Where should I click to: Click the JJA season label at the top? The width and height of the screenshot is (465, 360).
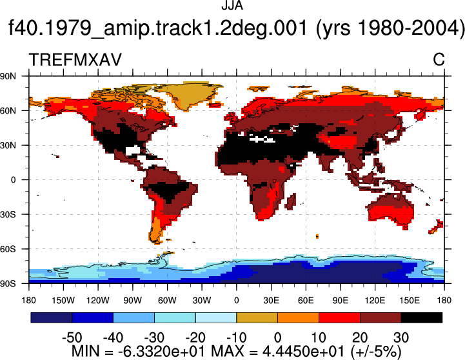pos(232,5)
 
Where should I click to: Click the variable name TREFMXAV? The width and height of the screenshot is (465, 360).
pos(75,59)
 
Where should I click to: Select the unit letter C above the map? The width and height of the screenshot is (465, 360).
pos(439,59)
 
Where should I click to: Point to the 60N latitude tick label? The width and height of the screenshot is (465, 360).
pos(8,111)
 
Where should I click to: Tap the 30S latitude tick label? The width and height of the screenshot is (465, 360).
pos(8,214)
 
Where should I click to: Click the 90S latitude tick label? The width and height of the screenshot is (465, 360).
pos(8,283)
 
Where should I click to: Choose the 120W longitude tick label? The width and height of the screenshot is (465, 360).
pos(98,301)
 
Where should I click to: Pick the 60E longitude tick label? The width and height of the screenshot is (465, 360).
pos(306,301)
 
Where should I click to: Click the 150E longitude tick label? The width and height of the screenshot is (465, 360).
pos(410,301)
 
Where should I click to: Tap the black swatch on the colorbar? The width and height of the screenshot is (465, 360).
pos(421,317)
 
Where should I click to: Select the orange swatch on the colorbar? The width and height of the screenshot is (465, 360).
pos(298,317)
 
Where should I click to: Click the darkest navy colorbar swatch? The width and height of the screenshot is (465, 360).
pos(52,317)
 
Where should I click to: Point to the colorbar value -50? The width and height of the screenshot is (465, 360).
pos(72,338)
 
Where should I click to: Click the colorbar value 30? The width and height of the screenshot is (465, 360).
pos(401,338)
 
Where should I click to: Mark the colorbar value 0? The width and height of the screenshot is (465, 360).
pos(277,338)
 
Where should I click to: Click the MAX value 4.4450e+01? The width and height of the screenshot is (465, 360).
pos(303,352)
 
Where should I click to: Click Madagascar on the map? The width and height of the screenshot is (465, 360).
pos(291,202)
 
